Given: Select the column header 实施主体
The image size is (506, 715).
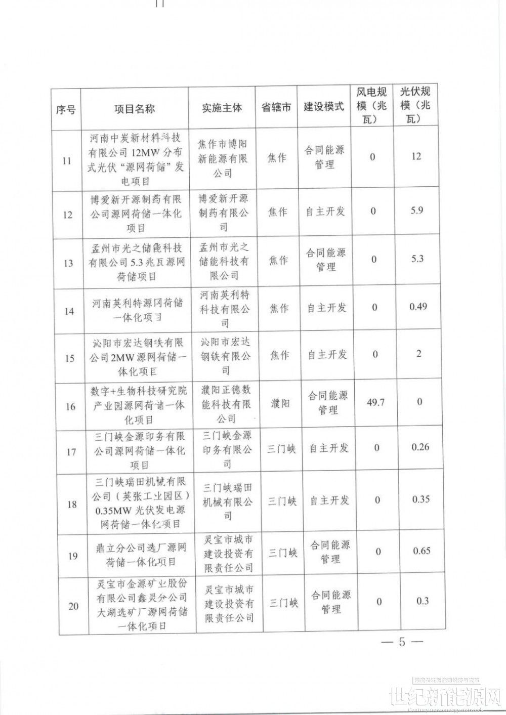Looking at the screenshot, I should [222, 108].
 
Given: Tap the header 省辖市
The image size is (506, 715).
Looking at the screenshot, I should [276, 108].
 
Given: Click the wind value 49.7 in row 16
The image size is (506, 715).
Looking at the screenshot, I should [375, 402].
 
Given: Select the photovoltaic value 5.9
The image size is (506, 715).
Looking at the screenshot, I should [416, 210].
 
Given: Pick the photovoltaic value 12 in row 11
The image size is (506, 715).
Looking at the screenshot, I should [416, 156].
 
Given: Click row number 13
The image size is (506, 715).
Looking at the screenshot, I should [68, 263].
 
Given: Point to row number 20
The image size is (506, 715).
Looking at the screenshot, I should [73, 606].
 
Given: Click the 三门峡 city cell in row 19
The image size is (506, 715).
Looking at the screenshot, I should [283, 553].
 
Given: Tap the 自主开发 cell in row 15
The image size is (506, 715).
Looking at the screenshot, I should [327, 355].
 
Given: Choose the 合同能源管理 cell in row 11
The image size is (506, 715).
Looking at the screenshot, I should [324, 157].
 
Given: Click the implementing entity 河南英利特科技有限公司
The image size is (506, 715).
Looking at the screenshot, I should [225, 309].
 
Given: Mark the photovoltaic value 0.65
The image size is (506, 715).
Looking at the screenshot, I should [421, 551].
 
